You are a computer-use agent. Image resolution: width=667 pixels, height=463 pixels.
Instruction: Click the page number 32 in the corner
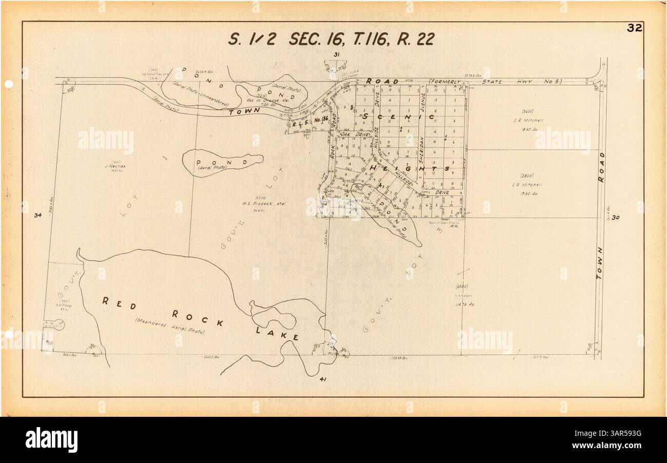tap(635, 28)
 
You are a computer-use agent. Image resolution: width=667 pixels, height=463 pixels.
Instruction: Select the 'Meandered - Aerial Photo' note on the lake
tap(170, 327)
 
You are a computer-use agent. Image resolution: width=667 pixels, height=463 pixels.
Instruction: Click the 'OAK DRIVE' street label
tap(355, 134)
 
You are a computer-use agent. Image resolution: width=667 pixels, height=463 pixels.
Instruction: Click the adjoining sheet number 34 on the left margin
tap(37, 215)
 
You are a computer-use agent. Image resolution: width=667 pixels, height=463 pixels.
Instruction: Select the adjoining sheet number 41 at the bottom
tap(323, 379)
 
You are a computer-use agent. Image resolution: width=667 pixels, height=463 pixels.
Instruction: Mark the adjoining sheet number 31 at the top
tap(337, 54)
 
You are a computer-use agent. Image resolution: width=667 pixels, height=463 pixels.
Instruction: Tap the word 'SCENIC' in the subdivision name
tap(398, 117)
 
